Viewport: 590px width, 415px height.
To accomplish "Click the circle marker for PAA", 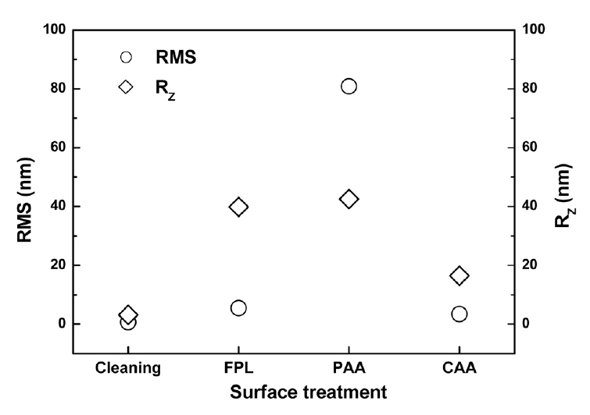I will pos(349,86).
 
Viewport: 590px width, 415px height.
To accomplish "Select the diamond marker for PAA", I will pos(349,199).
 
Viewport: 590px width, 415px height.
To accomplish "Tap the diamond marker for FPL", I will pos(239,207).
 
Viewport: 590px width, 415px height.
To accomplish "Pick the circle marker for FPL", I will pos(239,308).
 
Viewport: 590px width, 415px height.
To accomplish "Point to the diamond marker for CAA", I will pos(459,275).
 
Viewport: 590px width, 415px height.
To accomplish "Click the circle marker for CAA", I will pos(459,314).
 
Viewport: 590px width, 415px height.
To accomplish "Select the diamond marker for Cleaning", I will pos(128,314).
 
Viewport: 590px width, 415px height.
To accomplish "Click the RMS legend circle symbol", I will pos(126,57).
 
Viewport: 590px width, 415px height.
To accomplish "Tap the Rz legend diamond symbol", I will pos(126,86).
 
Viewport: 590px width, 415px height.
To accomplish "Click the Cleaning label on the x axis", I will pos(128,367).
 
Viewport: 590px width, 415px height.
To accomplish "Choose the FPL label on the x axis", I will pos(239,367).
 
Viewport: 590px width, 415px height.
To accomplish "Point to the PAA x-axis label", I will pos(349,367).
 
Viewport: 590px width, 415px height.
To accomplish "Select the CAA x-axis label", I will pos(459,367).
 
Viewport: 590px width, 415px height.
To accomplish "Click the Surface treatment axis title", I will pos(294,392).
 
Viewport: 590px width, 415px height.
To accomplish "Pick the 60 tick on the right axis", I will pos(532,147).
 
